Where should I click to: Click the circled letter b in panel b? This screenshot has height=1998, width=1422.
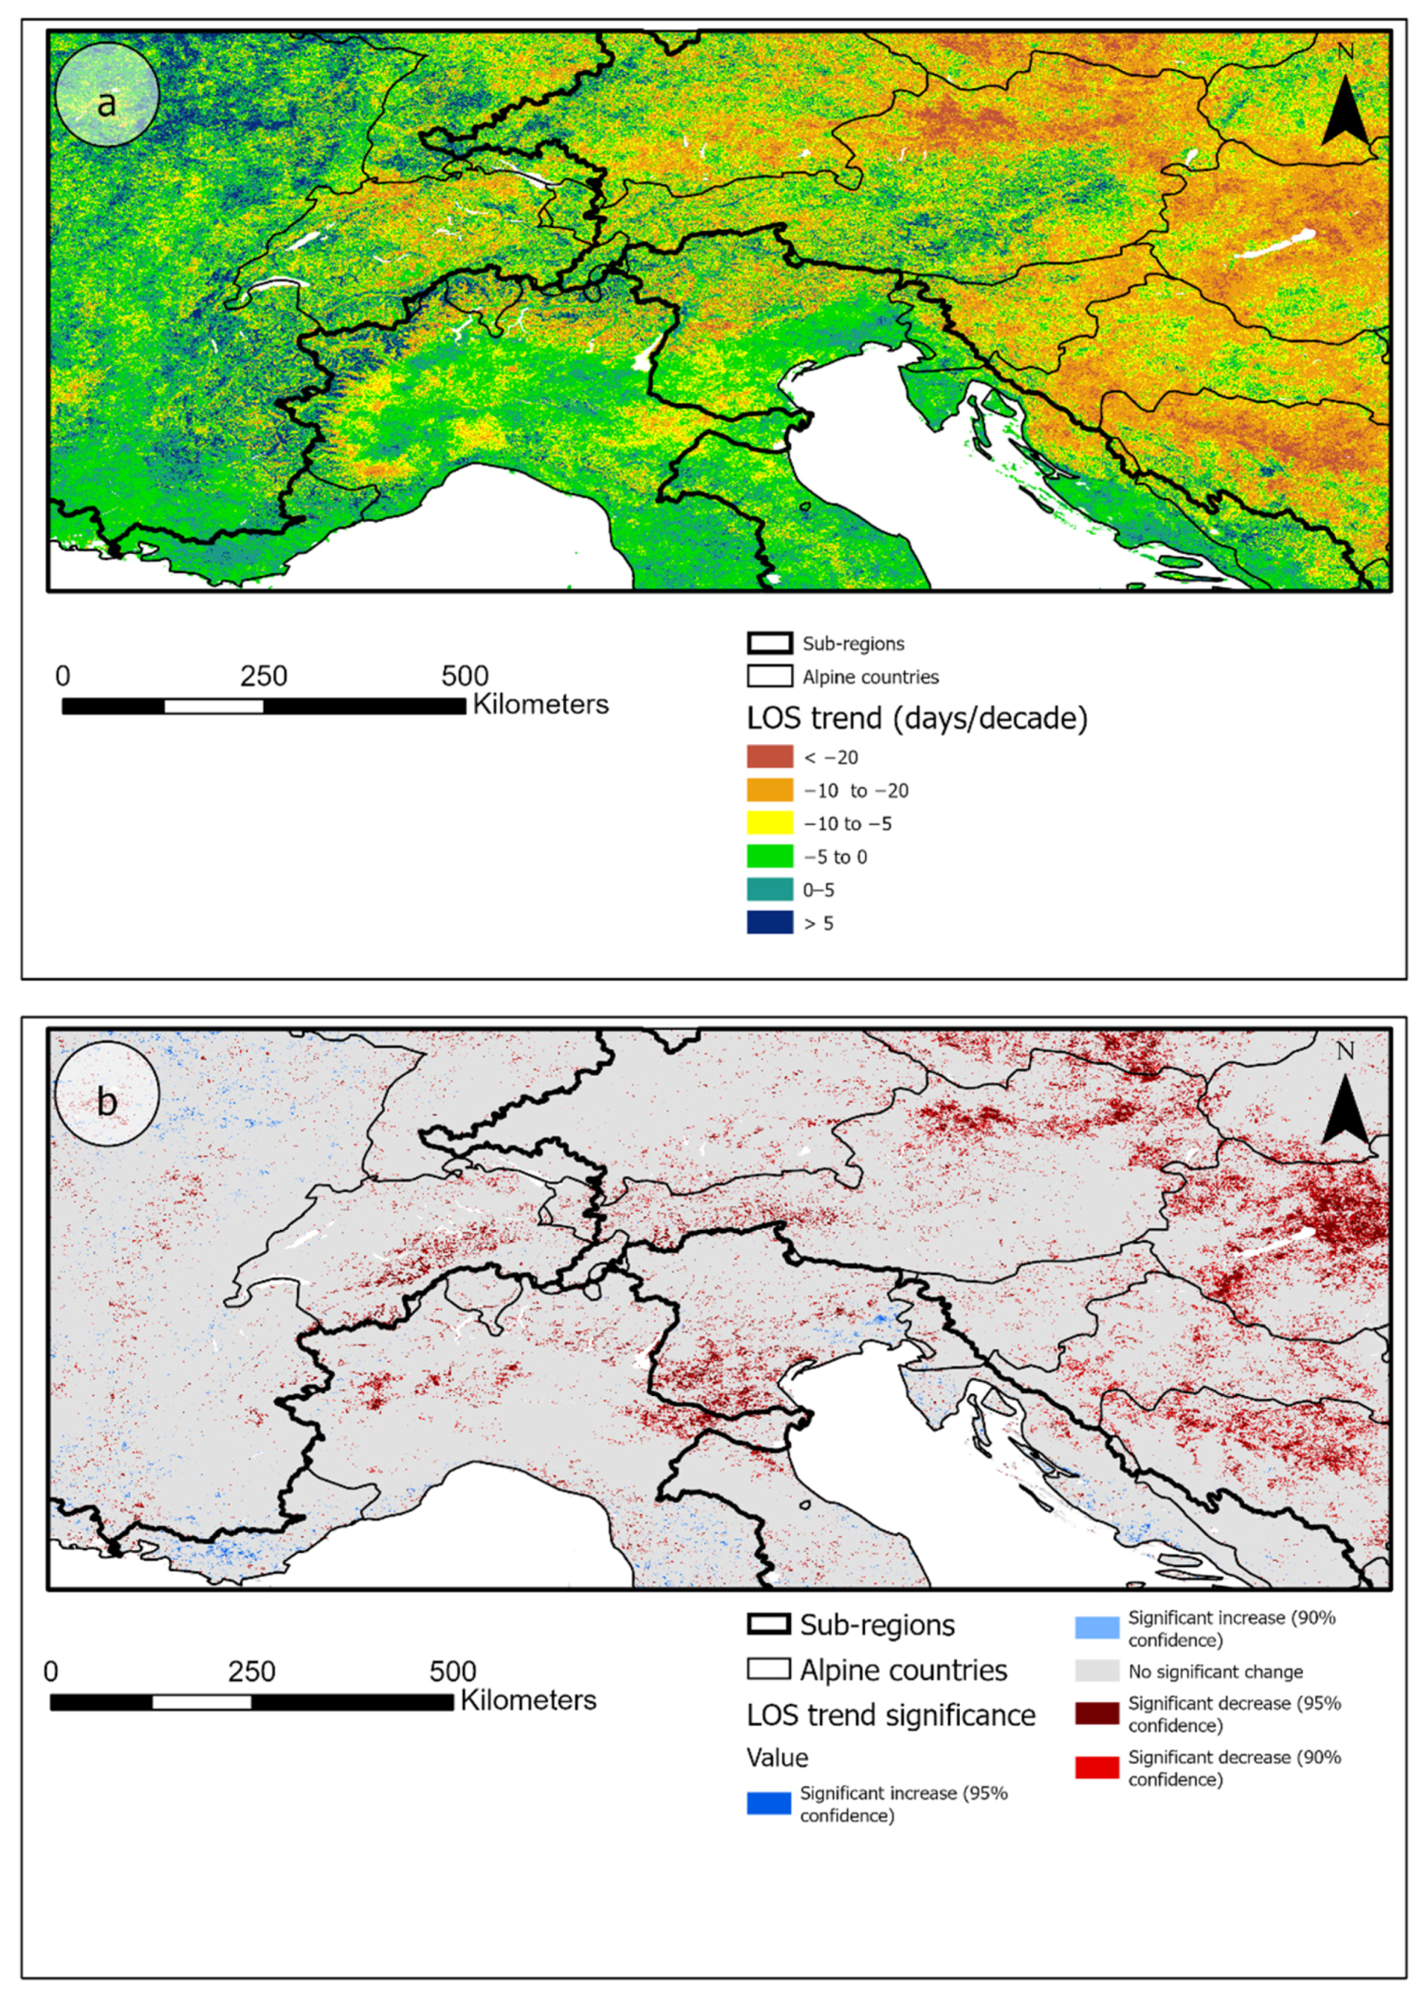(107, 1100)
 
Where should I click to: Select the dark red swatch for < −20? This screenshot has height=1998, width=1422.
(770, 757)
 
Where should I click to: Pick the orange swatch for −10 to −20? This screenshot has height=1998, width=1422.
(770, 789)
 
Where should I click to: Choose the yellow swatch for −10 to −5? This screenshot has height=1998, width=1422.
(770, 823)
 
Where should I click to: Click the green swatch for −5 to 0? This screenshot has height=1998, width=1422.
(770, 856)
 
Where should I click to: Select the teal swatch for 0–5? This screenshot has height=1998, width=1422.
(770, 889)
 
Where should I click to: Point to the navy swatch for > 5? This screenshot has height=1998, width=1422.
(770, 923)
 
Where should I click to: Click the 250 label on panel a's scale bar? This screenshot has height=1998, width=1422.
(264, 676)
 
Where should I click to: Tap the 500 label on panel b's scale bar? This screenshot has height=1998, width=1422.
(453, 1671)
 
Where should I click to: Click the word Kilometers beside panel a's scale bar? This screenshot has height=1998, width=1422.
(540, 705)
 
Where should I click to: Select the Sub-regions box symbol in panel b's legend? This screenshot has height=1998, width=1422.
(769, 1624)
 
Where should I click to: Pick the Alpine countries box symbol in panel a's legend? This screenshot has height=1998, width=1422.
(769, 677)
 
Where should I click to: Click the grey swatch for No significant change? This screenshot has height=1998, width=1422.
(1096, 1671)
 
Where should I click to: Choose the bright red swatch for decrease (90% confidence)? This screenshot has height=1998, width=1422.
(1096, 1768)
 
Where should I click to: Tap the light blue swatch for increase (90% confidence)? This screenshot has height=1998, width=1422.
(1096, 1628)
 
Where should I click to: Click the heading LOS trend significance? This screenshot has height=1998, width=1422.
(890, 1715)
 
